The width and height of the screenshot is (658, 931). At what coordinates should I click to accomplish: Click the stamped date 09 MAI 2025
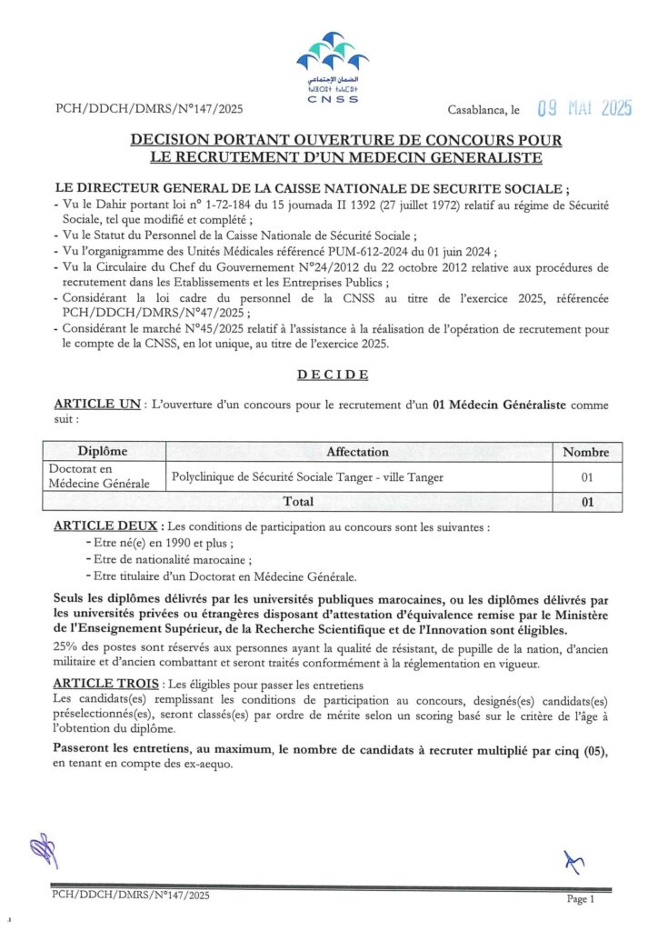(583, 109)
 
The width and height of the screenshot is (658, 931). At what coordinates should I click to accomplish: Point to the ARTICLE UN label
(96, 404)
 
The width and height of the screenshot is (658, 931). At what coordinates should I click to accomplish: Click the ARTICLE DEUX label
(105, 526)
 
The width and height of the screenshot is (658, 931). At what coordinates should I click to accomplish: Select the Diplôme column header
(103, 452)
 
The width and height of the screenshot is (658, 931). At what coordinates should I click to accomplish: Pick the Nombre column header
(585, 452)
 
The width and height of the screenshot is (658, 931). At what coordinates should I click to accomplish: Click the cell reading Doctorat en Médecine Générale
(99, 476)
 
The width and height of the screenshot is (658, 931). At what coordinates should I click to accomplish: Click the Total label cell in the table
(298, 501)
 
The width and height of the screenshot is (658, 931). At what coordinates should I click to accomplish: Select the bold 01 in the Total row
(586, 502)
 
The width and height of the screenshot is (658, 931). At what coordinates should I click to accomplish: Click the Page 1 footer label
(580, 899)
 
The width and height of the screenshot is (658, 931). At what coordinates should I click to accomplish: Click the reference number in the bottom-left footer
(131, 896)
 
